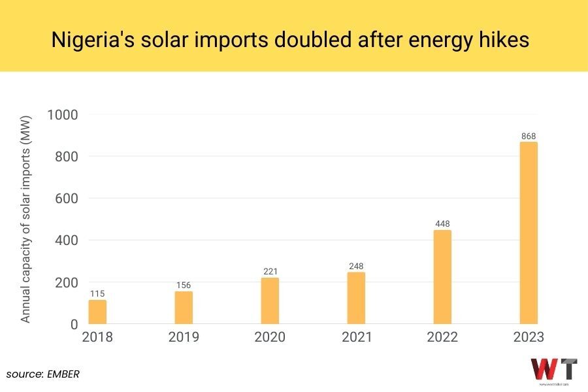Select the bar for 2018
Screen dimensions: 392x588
click(97, 312)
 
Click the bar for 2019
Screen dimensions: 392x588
click(184, 307)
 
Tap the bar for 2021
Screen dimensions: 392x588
click(356, 298)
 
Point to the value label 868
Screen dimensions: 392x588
click(529, 137)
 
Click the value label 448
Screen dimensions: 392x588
click(442, 224)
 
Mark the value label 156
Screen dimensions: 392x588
click(184, 286)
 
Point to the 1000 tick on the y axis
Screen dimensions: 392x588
click(63, 115)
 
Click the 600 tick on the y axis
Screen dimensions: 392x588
click(68, 199)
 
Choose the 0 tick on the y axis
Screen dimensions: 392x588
click(73, 325)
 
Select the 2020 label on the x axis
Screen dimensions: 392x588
click(270, 338)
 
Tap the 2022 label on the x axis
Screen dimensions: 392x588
click(442, 338)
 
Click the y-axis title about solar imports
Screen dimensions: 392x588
click(26, 219)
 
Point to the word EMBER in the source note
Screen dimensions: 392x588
click(63, 374)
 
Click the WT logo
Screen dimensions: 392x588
click(553, 370)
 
